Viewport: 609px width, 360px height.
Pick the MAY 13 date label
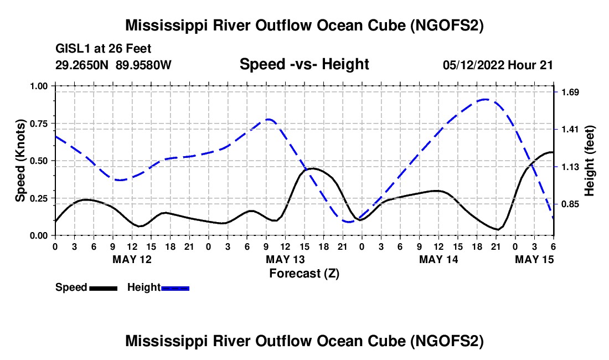pos(285,259)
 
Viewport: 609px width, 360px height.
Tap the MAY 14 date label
pos(438,259)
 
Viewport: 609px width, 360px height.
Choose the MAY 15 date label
pos(534,259)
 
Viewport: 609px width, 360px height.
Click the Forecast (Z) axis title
pos(304,273)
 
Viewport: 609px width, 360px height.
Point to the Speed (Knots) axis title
pos(20,161)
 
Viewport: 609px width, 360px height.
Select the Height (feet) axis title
pos(590,161)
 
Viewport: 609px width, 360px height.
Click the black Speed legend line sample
pos(103,287)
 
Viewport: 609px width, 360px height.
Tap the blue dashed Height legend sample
pos(175,287)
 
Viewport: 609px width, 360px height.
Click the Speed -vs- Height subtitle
pos(304,64)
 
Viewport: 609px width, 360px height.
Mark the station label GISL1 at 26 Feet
pos(104,49)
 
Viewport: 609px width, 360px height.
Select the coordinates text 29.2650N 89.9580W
pos(114,65)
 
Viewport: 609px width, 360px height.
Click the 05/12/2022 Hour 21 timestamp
pos(498,65)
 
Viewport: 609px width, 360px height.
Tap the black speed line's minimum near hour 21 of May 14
pos(498,229)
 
